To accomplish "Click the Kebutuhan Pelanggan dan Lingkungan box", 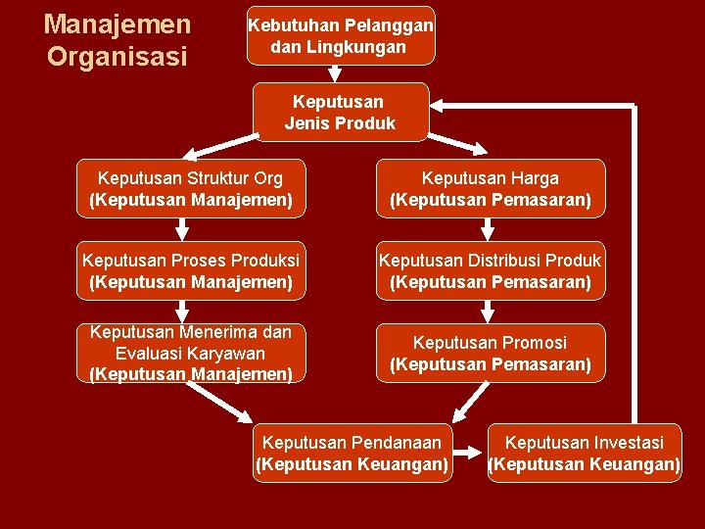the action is pyautogui.click(x=340, y=36).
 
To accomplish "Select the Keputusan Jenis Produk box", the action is pyautogui.click(x=340, y=112).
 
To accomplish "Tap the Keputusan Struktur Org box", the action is pyautogui.click(x=191, y=189).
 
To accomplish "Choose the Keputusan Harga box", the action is pyautogui.click(x=490, y=189).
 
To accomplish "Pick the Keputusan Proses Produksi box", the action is pyautogui.click(x=191, y=271).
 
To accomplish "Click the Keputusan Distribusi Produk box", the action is pyautogui.click(x=490, y=271).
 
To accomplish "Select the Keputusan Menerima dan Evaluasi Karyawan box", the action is pyautogui.click(x=191, y=353).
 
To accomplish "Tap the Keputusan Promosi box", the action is pyautogui.click(x=490, y=353).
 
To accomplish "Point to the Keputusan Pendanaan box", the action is pyautogui.click(x=352, y=453).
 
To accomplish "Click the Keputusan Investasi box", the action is pyautogui.click(x=585, y=453).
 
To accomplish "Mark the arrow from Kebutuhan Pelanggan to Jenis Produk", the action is pyautogui.click(x=336, y=73).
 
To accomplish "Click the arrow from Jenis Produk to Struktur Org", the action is pyautogui.click(x=221, y=147).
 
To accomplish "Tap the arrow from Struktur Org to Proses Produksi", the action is pyautogui.click(x=181, y=229).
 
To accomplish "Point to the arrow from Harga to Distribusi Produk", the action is pyautogui.click(x=487, y=229).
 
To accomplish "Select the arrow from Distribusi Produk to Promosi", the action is pyautogui.click(x=487, y=312).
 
